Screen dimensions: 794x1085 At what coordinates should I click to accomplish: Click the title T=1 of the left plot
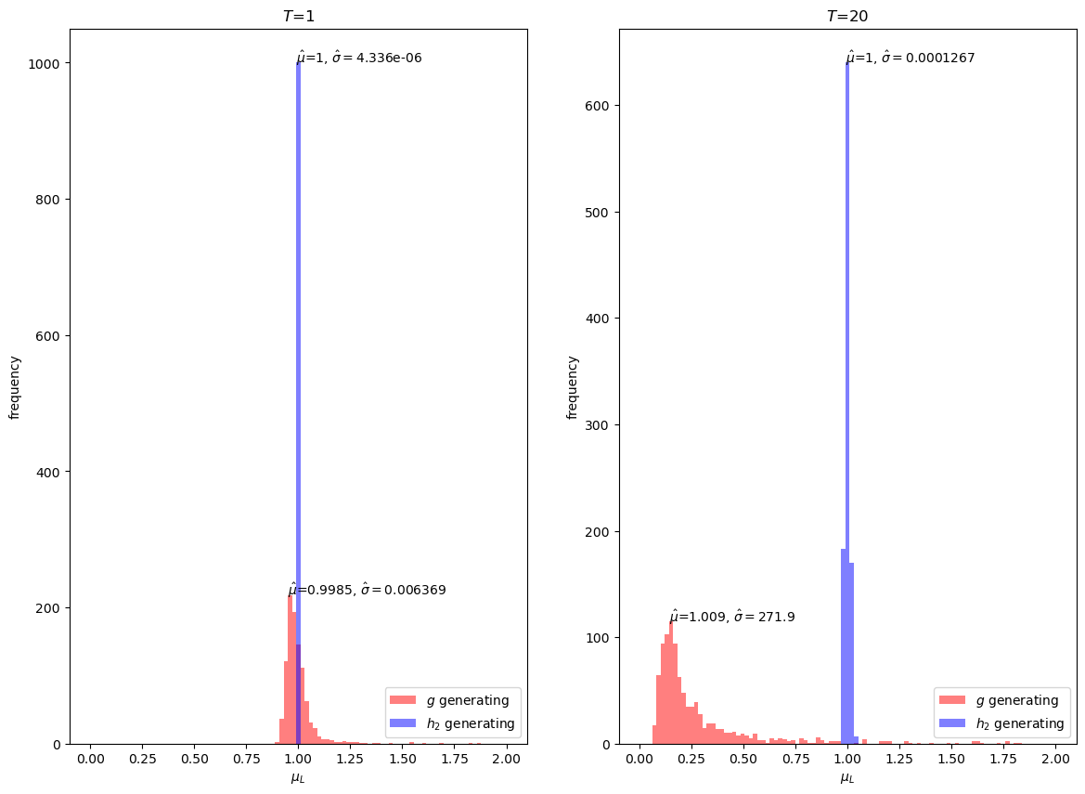[298, 16]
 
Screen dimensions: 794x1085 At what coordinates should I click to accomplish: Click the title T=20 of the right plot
[847, 16]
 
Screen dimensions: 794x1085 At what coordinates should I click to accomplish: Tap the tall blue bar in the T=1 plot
[298, 371]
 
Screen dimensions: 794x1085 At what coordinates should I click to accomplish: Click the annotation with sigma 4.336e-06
[359, 58]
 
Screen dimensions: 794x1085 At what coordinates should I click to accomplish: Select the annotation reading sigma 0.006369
[368, 590]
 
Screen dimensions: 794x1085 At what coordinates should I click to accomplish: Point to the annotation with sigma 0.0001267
[911, 58]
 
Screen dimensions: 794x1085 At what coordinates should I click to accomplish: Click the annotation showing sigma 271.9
[732, 617]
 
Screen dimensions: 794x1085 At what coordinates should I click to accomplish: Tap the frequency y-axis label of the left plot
[15, 386]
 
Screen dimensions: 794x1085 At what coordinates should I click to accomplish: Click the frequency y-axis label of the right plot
[572, 386]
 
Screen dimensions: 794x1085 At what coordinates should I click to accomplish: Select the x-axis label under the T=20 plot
[847, 778]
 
